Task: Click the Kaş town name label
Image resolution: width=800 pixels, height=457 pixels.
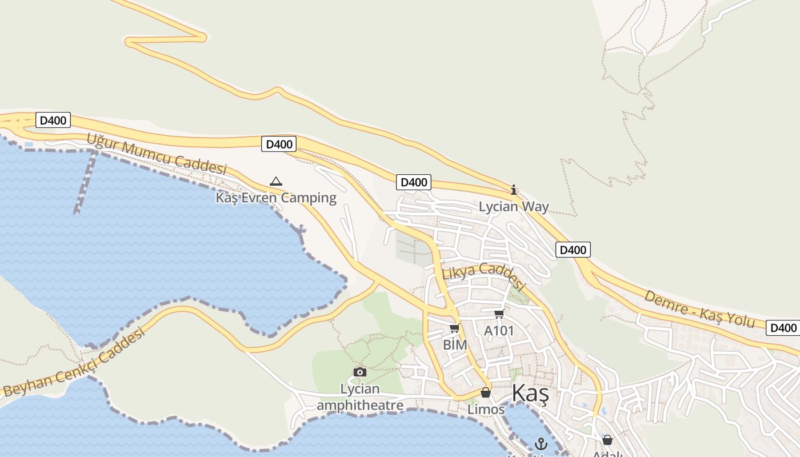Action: point(530,394)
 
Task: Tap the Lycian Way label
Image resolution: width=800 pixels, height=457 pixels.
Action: point(514,206)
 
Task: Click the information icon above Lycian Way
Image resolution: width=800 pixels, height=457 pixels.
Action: point(514,190)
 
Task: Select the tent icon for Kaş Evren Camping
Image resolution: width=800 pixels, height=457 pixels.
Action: point(276,182)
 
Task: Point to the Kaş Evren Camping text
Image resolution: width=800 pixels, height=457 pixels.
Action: point(276,198)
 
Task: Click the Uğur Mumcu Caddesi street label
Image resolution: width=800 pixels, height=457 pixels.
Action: point(157,154)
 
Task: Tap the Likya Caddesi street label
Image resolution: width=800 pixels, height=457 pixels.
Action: point(483,275)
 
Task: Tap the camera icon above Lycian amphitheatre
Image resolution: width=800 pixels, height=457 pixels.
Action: point(359,372)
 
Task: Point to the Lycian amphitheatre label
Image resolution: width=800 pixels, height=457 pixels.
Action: point(360,397)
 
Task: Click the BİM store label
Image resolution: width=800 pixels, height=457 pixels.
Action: point(455,344)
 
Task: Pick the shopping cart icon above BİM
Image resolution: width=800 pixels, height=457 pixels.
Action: point(455,328)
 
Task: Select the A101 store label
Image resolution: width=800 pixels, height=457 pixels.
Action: point(499,331)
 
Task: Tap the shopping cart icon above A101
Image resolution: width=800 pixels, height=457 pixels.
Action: point(499,314)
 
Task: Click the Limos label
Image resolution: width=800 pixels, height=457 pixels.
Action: point(486,409)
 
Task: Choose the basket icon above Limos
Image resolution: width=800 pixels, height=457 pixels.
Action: point(486,393)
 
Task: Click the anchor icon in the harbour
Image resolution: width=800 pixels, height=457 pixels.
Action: point(541,443)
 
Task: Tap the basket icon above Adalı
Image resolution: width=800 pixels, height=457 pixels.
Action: point(607,440)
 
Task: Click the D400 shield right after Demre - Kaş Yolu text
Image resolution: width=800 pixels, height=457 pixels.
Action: point(783,328)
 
